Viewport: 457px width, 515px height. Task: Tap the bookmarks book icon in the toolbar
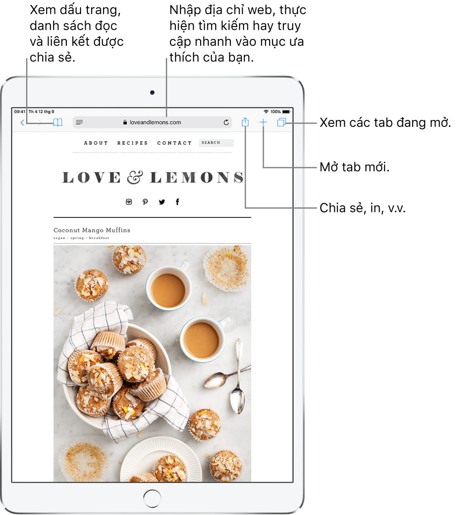click(58, 123)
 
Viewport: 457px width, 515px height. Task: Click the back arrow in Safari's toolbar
click(22, 123)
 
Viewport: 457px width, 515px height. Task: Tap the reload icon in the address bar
click(226, 122)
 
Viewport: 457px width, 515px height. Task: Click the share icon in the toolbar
click(245, 122)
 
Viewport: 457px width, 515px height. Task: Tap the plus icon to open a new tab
click(263, 123)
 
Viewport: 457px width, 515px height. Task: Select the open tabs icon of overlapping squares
click(282, 122)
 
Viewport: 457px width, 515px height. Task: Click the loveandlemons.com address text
click(155, 122)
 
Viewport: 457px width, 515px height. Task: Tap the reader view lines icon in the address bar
click(79, 122)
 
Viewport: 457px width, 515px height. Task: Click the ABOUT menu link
click(96, 143)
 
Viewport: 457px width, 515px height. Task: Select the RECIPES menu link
click(132, 143)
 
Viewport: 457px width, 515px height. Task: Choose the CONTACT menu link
click(174, 143)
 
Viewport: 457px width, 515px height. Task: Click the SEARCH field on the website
click(216, 142)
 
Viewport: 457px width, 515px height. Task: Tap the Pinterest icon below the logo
click(145, 202)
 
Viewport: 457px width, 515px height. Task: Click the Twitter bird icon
click(162, 202)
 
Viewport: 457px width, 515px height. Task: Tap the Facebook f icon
click(177, 202)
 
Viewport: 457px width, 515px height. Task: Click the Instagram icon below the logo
click(129, 202)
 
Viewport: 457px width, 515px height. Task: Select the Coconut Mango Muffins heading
click(92, 230)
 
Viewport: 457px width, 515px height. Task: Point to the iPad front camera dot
click(152, 92)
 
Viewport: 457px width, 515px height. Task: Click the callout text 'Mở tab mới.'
click(354, 167)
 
